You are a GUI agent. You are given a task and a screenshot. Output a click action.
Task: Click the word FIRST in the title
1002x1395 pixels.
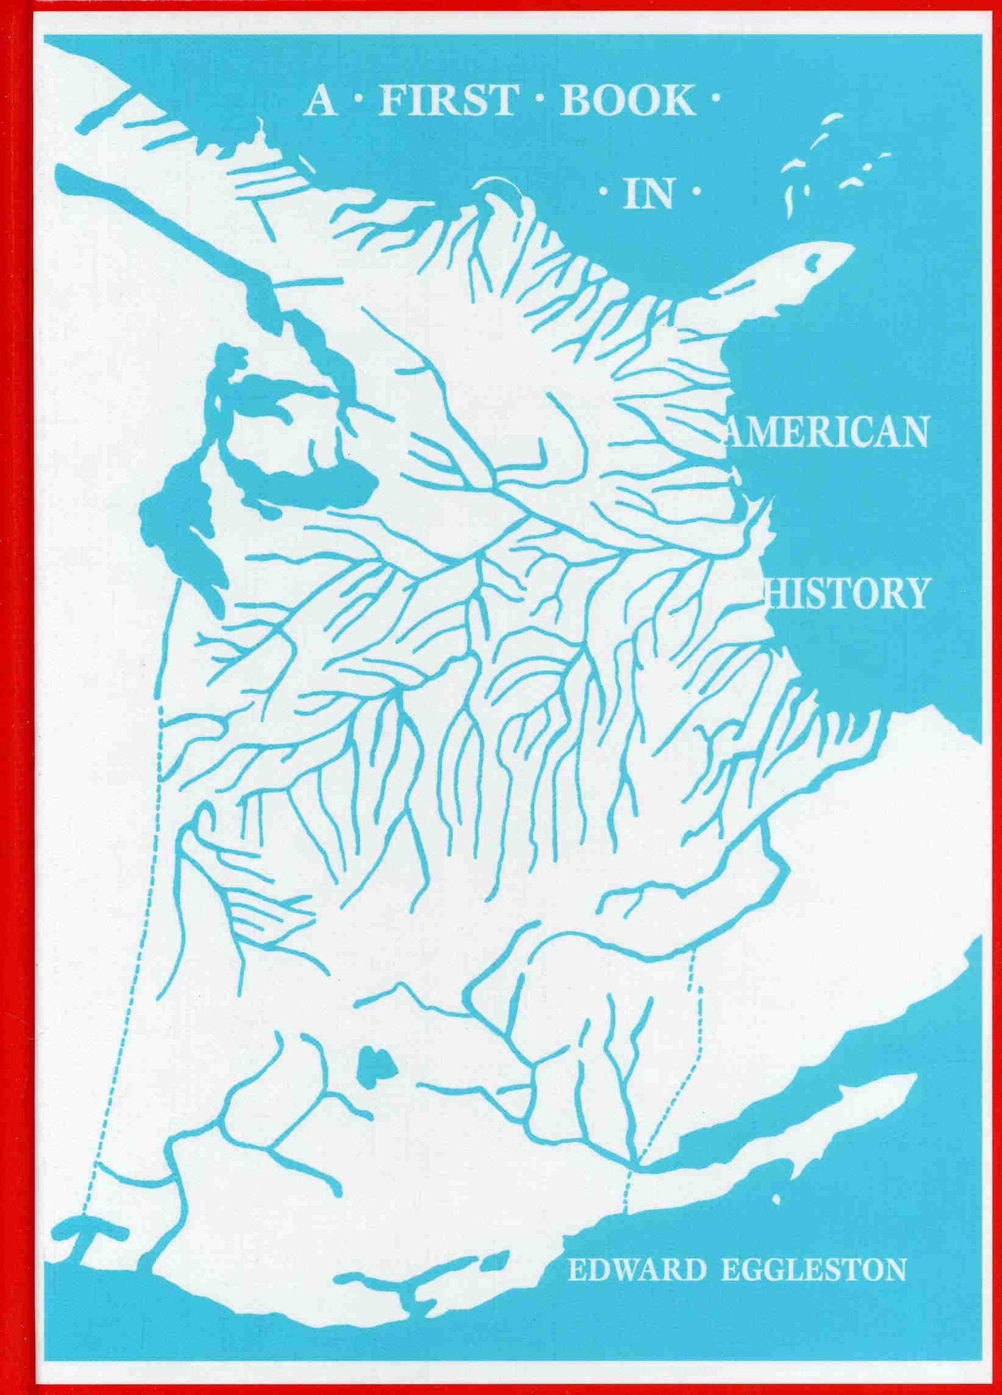[446, 104]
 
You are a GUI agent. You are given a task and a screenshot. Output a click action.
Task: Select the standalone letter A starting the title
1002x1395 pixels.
[318, 104]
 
